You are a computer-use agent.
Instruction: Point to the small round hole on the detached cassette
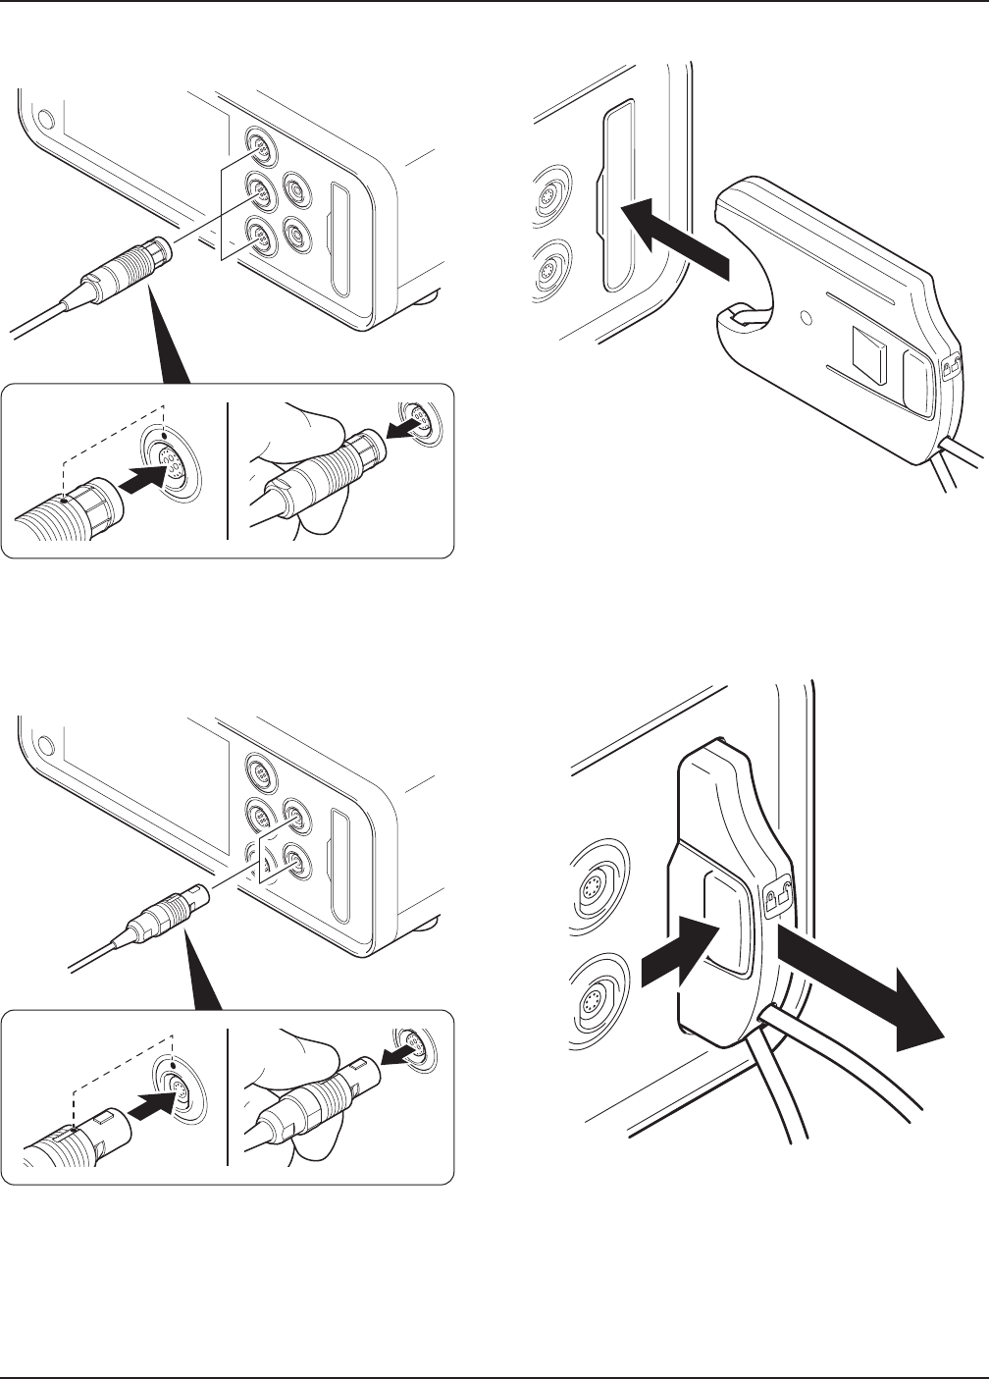[x=807, y=318]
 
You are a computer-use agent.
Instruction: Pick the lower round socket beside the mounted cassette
[x=593, y=1004]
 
